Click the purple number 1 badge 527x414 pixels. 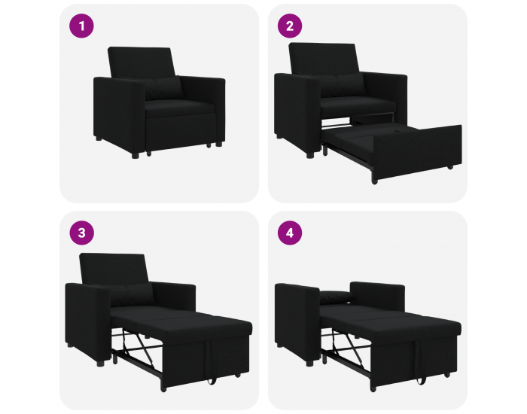81,26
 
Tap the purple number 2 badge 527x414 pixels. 290,26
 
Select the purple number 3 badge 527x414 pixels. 81,233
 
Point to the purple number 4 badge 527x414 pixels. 290,233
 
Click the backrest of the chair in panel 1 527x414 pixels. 142,62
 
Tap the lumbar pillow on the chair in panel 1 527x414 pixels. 164,89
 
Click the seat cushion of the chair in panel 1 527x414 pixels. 180,108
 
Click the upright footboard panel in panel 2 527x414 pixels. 417,153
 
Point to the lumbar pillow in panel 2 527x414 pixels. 345,85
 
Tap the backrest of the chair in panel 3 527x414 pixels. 114,268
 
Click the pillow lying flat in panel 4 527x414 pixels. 336,297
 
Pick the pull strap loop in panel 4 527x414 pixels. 420,362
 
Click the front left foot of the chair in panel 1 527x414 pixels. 135,156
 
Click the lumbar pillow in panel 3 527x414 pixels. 133,294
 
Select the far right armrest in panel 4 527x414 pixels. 377,297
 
